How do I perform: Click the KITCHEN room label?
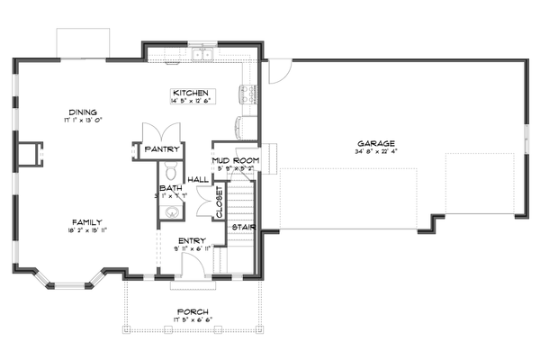(191, 93)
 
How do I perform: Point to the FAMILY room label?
(87, 221)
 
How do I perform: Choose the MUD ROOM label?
(235, 159)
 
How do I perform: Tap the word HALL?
(199, 179)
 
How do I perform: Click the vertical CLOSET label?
(219, 202)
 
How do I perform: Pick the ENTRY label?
(192, 239)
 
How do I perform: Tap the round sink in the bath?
(168, 212)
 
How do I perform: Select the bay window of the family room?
(67, 284)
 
